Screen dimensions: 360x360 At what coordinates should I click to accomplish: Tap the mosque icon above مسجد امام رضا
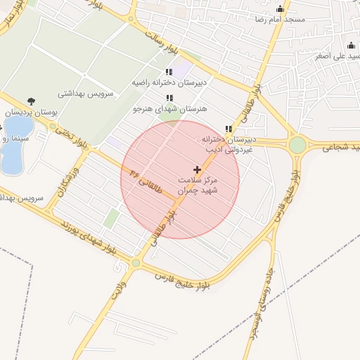tap(281, 8)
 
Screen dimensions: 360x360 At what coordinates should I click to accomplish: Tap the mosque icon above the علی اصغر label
tap(351, 46)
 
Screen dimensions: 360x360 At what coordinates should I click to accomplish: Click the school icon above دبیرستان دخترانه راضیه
tap(169, 72)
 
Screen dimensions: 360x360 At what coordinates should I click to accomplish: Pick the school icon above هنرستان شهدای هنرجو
tap(169, 98)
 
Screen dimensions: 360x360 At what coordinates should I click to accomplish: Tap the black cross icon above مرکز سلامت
tap(197, 169)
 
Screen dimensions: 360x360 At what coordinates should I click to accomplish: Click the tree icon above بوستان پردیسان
tap(30, 101)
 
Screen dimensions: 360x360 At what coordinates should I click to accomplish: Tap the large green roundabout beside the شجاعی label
tap(297, 145)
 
